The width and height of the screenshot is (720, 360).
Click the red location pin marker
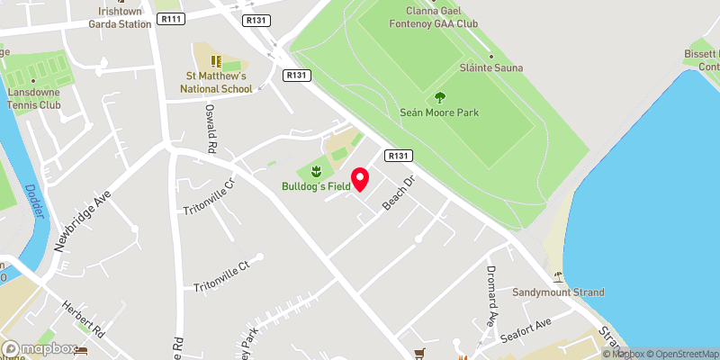point(360,179)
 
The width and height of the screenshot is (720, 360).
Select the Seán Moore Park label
point(439,112)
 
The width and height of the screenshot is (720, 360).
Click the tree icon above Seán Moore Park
point(439,96)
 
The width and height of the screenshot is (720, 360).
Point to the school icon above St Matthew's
point(216,60)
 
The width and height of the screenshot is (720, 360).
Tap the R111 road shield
point(168,18)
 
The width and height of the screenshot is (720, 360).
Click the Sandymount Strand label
point(558,292)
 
